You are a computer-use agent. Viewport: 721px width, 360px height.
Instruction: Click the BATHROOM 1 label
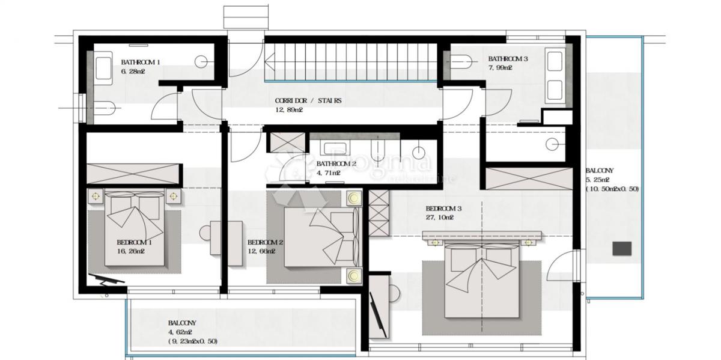[141, 62]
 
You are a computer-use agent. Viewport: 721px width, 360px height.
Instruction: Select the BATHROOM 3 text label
[508, 59]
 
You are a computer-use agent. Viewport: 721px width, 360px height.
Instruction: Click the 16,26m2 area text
[130, 251]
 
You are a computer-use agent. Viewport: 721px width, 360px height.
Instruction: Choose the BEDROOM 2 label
[265, 243]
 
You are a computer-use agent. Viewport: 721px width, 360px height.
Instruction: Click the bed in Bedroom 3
[481, 281]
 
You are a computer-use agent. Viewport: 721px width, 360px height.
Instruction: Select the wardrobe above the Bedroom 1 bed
[133, 174]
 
